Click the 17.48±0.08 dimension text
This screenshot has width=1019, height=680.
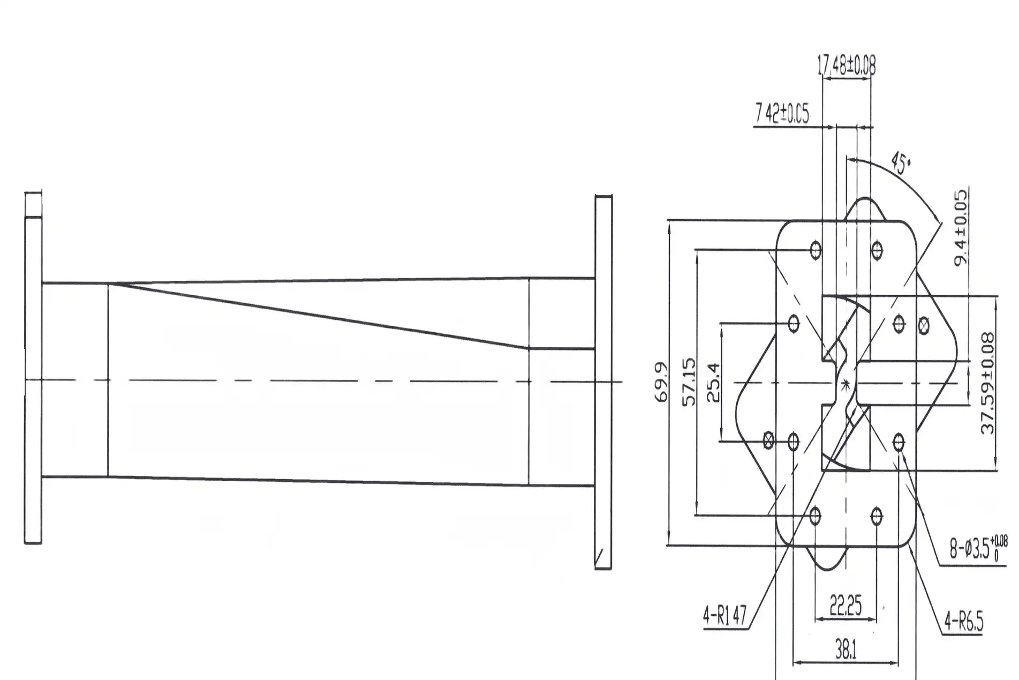click(846, 66)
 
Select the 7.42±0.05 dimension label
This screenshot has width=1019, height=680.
click(782, 114)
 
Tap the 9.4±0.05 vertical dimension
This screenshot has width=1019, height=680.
click(962, 228)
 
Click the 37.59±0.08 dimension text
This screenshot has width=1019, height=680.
click(988, 383)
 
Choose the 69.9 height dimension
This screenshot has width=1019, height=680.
click(662, 382)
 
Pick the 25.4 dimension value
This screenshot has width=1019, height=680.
click(714, 382)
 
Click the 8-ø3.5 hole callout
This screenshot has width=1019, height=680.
click(978, 548)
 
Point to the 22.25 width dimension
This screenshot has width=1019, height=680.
click(846, 606)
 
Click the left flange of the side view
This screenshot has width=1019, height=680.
click(33, 375)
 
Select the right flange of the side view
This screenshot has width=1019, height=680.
click(603, 382)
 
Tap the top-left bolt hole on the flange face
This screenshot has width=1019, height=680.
click(816, 250)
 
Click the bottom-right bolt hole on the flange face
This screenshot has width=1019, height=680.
click(877, 517)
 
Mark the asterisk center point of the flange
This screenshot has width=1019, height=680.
click(846, 383)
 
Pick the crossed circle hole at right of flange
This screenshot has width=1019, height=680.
click(923, 324)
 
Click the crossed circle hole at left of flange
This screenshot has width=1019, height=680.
click(768, 441)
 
